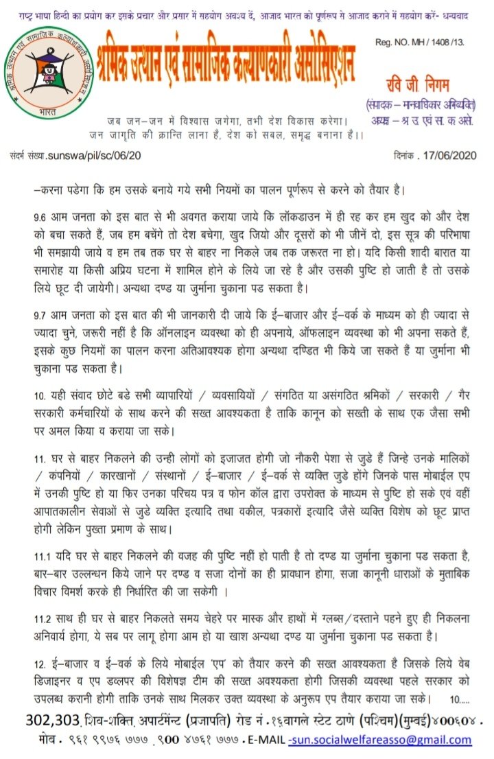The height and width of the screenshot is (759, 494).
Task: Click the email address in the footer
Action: coord(380,740)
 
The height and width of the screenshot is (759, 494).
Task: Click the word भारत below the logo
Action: coord(47,109)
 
